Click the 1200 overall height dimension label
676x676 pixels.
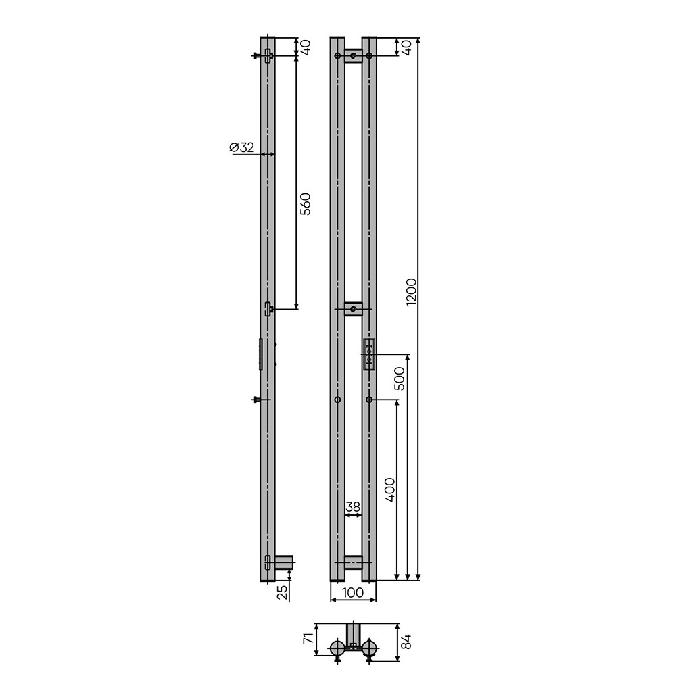coord(412,292)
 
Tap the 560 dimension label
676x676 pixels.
coord(305,204)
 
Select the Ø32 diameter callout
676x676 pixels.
coord(241,147)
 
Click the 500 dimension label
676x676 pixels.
coord(400,379)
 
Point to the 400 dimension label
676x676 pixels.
coord(389,489)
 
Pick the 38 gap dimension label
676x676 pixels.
coord(353,507)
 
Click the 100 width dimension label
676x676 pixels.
coord(353,592)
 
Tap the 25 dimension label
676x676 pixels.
coord(282,592)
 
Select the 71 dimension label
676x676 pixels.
coord(308,639)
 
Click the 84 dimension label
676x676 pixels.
coord(406,641)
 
